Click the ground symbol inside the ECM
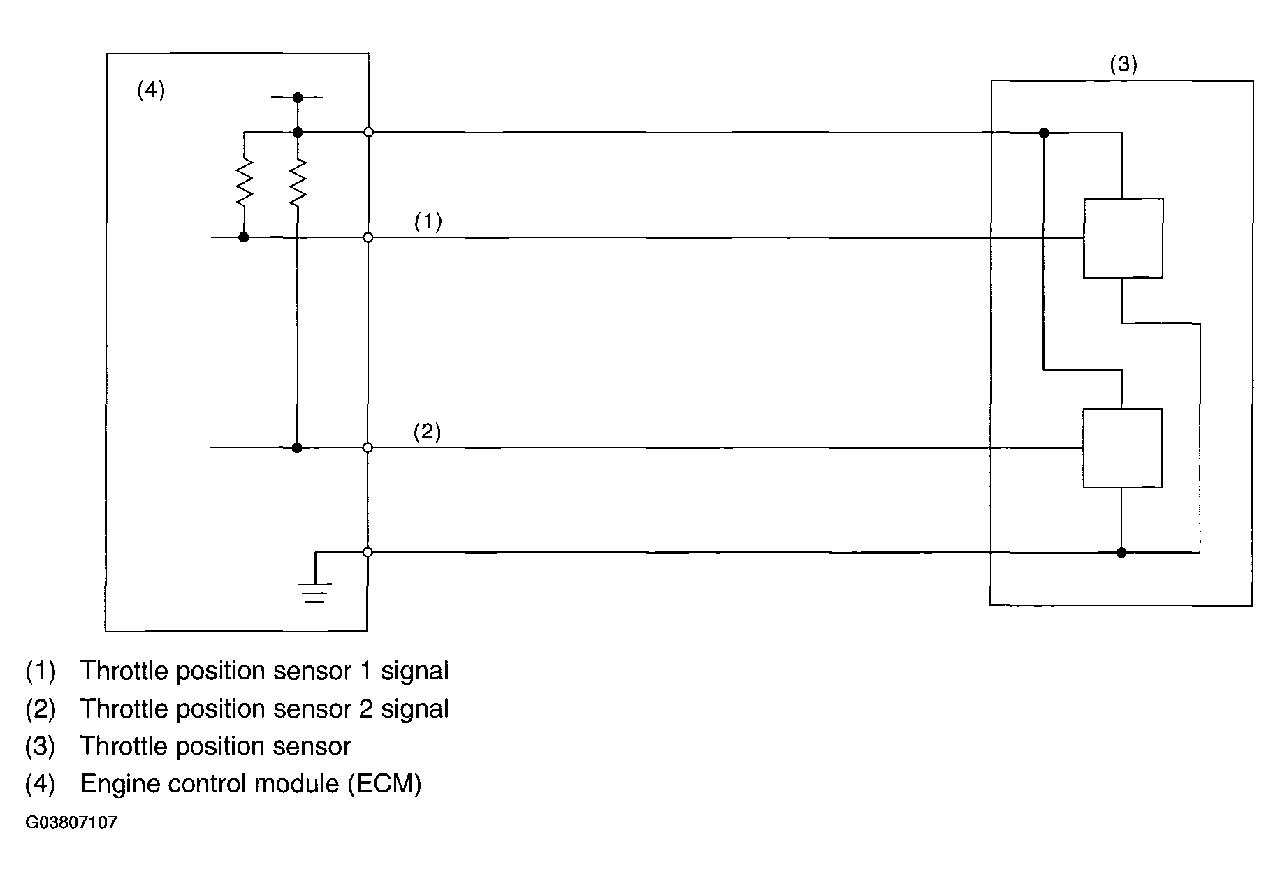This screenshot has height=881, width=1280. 315,592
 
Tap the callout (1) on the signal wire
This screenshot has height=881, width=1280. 428,222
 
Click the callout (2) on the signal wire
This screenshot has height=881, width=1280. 427,432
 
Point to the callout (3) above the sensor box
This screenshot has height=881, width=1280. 1123,65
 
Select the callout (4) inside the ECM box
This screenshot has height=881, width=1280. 151,90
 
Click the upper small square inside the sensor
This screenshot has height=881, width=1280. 1123,238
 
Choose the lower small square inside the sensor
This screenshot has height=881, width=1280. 1122,448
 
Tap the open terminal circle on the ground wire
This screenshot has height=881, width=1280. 368,552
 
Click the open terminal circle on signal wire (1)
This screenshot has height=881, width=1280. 368,237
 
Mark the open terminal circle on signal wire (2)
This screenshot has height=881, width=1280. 368,447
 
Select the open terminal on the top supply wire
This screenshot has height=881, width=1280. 368,132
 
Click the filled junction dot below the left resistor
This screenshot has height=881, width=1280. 244,237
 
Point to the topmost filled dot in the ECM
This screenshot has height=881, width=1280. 298,97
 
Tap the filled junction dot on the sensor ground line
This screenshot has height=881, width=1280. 1121,552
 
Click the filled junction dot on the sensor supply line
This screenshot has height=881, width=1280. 1044,133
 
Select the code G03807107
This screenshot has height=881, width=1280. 71,822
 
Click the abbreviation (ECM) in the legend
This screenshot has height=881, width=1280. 384,784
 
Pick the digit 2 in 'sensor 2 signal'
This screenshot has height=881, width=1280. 365,709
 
